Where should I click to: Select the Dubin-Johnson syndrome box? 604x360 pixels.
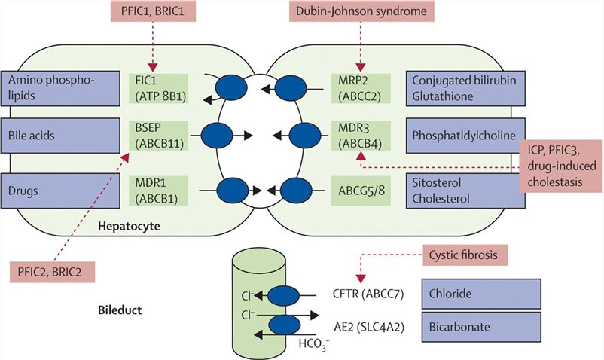[361, 12]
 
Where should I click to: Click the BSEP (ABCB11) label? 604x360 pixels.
[160, 136]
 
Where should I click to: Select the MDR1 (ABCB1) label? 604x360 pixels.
[160, 188]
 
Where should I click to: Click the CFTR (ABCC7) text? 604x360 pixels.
[365, 294]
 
